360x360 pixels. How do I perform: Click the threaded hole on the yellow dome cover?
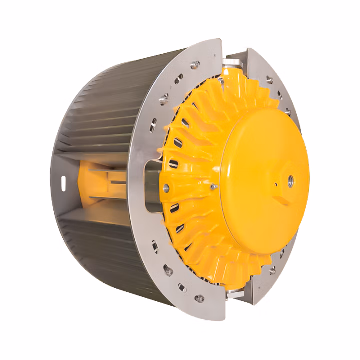pos(289,178)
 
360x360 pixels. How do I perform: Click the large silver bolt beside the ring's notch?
pos(166,188)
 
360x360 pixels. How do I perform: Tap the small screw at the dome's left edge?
pos(213,186)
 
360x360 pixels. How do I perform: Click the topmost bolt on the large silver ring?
pos(196,64)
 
